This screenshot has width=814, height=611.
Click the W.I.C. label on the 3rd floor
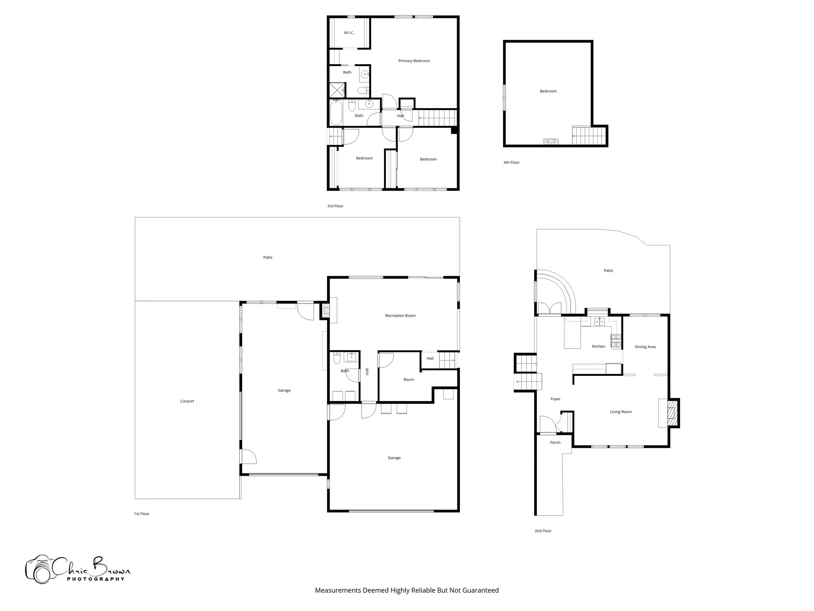tap(349, 33)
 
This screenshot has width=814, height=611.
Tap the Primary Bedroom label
tap(414, 61)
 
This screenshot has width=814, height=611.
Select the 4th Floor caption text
tap(511, 162)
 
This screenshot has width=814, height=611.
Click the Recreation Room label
tap(400, 315)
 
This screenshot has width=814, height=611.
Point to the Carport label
tap(187, 401)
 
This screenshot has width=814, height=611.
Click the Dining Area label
tap(645, 346)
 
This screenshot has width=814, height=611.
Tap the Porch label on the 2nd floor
tap(555, 442)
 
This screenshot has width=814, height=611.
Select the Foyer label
tap(555, 399)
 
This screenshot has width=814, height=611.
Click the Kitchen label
tap(598, 346)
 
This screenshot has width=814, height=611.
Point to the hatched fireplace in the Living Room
tap(671, 413)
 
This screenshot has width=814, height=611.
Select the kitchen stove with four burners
tap(616, 341)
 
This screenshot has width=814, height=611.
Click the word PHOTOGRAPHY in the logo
tap(95, 579)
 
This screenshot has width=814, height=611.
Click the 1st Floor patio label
tap(267, 257)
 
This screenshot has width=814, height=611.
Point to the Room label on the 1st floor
tap(409, 379)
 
